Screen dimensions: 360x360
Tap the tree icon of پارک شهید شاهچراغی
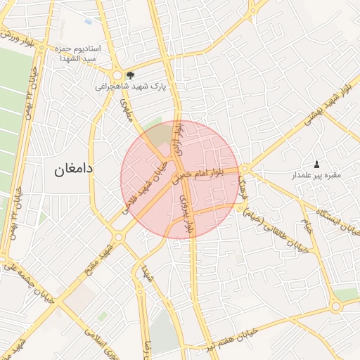[x=129, y=75]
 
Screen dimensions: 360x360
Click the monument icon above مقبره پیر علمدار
[x=316, y=163]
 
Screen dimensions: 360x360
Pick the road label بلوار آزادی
[x=179, y=137]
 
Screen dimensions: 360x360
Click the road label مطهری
[x=127, y=110]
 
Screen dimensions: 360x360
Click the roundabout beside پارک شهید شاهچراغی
[x=117, y=75]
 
